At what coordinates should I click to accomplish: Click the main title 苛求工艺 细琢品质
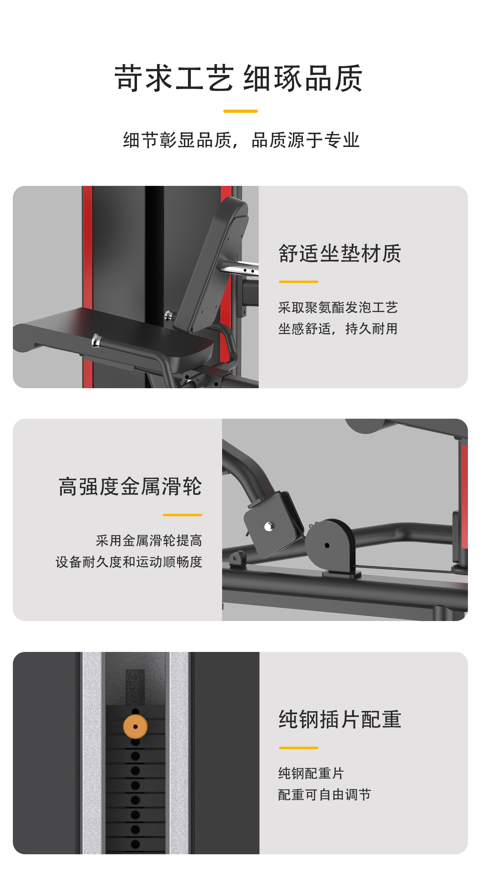pyautogui.click(x=239, y=78)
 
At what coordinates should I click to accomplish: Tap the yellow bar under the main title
pyautogui.click(x=241, y=111)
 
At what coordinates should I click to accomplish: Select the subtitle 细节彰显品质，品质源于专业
pyautogui.click(x=241, y=140)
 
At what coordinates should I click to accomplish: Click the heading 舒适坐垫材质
pyautogui.click(x=340, y=254)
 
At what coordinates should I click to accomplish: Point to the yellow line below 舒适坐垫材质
pyautogui.click(x=298, y=282)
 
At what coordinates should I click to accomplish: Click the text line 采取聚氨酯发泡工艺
pyautogui.click(x=338, y=308)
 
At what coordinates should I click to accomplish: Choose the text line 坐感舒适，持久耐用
pyautogui.click(x=338, y=329)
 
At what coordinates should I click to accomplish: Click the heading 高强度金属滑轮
pyautogui.click(x=130, y=487)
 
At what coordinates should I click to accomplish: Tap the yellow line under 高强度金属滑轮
pyautogui.click(x=182, y=515)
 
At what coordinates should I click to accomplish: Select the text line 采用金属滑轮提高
pyautogui.click(x=149, y=541)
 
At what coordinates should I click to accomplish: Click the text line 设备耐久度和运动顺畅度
pyautogui.click(x=129, y=562)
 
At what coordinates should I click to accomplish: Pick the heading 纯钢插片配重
pyautogui.click(x=340, y=719)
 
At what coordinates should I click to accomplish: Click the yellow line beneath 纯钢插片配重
pyautogui.click(x=298, y=748)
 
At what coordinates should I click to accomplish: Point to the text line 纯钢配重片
pyautogui.click(x=311, y=773)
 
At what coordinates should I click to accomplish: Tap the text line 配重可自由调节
pyautogui.click(x=325, y=794)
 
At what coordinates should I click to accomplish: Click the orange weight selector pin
pyautogui.click(x=135, y=727)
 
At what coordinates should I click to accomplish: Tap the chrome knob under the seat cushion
pyautogui.click(x=96, y=340)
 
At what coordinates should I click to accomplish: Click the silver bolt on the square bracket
pyautogui.click(x=269, y=526)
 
